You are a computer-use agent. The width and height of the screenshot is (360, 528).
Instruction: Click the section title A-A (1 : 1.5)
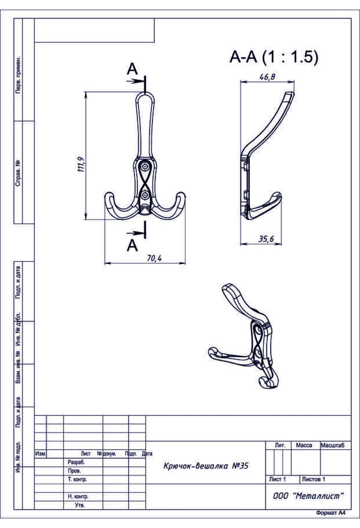274,57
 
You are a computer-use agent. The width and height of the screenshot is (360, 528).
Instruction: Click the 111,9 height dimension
81,164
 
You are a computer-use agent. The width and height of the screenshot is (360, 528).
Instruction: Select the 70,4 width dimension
154,258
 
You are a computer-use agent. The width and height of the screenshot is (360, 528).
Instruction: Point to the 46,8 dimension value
267,77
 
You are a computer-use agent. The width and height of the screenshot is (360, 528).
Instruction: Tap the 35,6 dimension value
266,239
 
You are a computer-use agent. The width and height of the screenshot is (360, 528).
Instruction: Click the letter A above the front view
132,69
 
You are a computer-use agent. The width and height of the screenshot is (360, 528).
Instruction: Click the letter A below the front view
132,245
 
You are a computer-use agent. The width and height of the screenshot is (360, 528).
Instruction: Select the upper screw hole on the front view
145,166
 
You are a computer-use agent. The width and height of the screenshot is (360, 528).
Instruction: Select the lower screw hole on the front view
145,195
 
